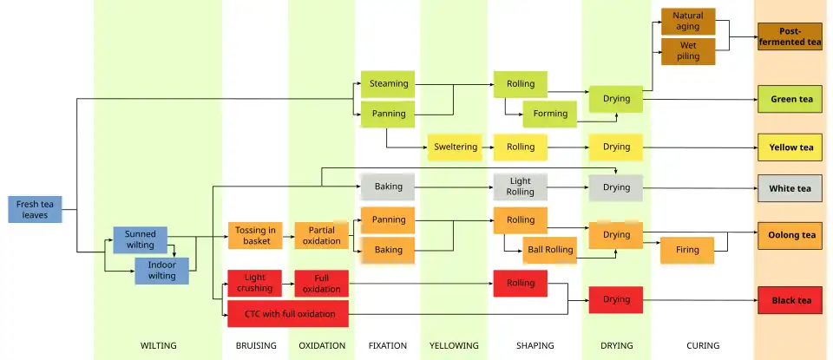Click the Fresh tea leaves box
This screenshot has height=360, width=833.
35,209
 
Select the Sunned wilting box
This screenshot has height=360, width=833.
140,239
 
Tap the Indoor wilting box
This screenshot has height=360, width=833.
161,271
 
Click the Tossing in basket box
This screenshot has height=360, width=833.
255,236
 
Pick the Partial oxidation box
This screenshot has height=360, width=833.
321,236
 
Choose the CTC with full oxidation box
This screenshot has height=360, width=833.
287,313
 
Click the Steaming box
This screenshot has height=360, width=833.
388,84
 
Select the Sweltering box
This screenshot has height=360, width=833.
455,147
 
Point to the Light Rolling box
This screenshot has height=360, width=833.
520,187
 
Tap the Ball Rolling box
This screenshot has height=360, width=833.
550,250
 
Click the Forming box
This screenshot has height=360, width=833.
550,114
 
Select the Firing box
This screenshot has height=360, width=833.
686,250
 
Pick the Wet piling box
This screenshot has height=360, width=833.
688,50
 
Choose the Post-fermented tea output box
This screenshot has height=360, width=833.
790,36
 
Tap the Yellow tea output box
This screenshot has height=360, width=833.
790,147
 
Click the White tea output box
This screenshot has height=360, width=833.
790,188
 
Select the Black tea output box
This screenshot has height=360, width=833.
790,300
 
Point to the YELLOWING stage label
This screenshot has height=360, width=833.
453,345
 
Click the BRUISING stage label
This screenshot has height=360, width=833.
256,345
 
